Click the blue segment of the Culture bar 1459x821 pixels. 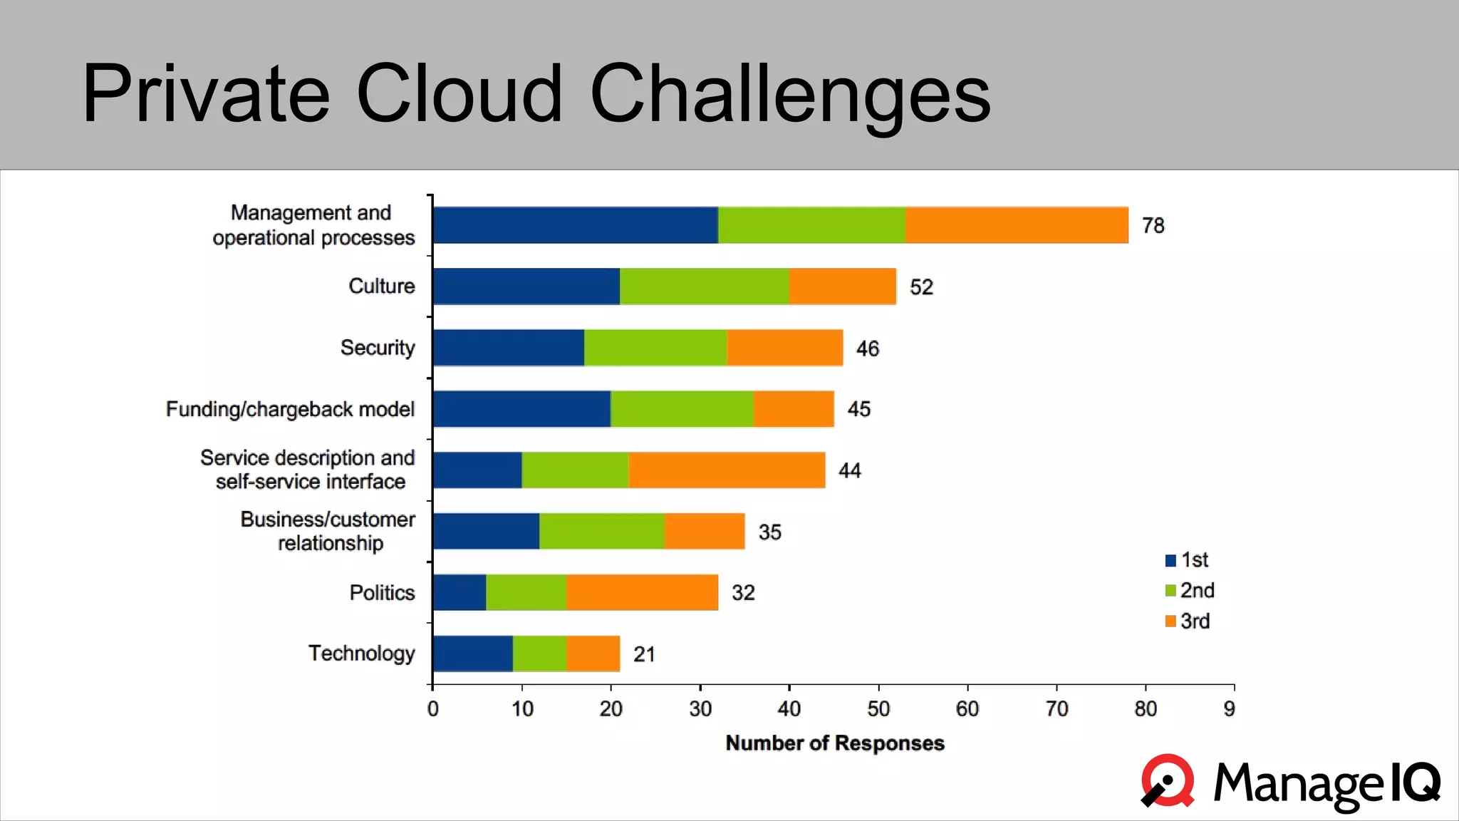point(526,286)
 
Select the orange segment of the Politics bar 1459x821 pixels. point(642,592)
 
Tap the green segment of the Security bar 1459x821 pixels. point(655,348)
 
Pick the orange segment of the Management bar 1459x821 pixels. point(1017,225)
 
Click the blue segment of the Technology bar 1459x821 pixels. point(472,654)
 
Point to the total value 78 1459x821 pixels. point(1153,226)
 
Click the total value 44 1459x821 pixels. point(849,470)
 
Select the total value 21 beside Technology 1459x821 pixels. point(644,654)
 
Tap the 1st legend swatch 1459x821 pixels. point(1170,560)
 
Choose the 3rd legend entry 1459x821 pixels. point(1195,621)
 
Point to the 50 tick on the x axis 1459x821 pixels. point(878,709)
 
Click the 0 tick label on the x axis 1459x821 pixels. point(432,709)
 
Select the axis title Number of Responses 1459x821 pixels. point(835,743)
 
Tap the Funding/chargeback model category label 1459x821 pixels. point(290,409)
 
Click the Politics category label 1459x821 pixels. point(382,593)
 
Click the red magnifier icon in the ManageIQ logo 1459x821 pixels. point(1168,781)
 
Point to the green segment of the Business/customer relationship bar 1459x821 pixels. point(601,531)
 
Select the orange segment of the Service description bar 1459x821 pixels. point(727,470)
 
